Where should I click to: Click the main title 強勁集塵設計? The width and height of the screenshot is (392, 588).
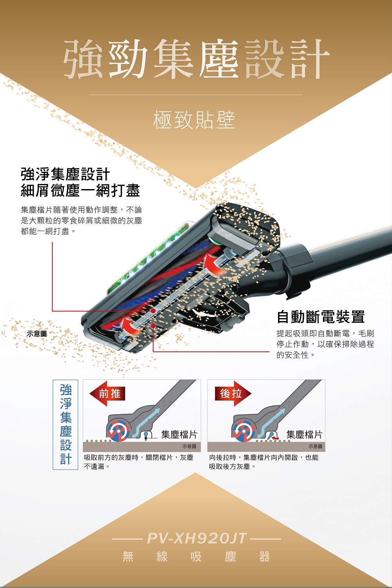click(x=196, y=59)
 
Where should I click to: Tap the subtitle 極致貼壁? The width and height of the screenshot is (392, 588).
click(x=194, y=120)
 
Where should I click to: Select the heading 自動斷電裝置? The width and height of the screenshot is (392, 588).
click(x=321, y=317)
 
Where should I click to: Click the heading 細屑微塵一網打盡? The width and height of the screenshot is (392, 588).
click(x=80, y=190)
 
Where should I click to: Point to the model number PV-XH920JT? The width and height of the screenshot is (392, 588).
click(x=197, y=538)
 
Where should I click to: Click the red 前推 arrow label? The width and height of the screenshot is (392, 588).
click(x=107, y=393)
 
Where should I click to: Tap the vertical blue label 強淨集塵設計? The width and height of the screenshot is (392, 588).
click(x=65, y=424)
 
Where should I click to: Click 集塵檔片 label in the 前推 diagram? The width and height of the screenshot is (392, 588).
click(x=179, y=435)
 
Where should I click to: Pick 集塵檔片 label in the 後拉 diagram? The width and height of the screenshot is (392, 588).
click(x=304, y=435)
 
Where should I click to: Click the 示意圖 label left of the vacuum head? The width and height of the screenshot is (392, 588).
click(x=37, y=334)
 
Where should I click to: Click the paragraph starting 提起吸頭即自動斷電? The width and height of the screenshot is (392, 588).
click(x=325, y=344)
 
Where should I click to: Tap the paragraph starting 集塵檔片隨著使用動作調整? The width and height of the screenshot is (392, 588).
click(x=81, y=220)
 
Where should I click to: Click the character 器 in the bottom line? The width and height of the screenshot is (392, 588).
click(x=265, y=557)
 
